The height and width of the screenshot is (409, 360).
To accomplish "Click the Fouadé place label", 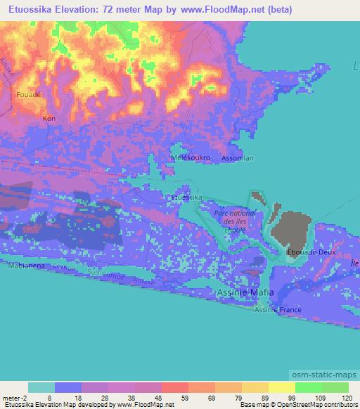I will click(x=28, y=93).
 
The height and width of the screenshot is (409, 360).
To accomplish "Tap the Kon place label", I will click(x=49, y=118).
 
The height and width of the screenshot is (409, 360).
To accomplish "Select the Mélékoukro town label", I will click(x=191, y=158).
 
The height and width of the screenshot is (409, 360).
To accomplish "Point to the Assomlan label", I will click(x=238, y=158).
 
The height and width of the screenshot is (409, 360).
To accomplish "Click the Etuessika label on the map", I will click(x=187, y=198).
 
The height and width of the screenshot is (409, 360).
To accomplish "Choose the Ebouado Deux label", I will click(x=312, y=252).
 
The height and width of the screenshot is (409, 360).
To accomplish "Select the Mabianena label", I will click(x=27, y=266).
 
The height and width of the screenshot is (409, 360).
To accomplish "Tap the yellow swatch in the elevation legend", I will click(x=282, y=387).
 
